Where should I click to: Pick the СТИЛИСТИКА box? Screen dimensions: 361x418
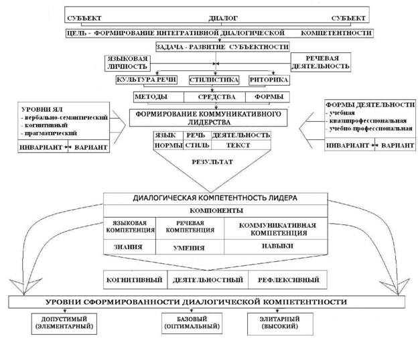coord(214,80)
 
